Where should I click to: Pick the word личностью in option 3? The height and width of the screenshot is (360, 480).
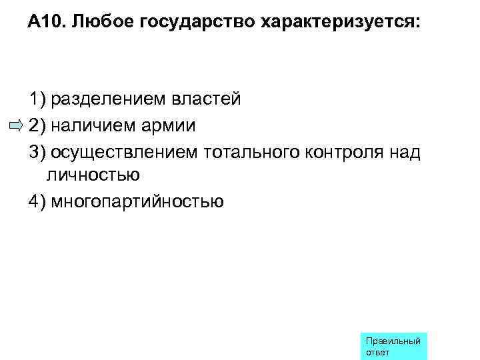coord(93,175)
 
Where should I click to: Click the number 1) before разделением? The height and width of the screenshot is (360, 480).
coord(37,99)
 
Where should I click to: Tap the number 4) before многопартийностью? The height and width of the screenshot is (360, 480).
coord(37,201)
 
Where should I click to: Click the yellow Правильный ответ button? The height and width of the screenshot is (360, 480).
coord(393,346)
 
